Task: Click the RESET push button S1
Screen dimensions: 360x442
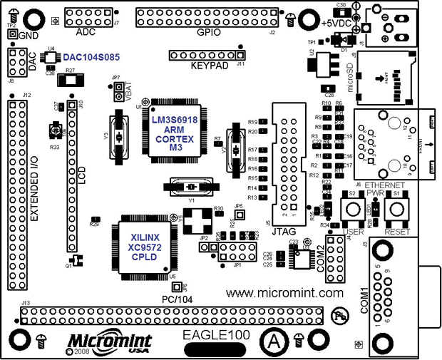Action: [395, 210]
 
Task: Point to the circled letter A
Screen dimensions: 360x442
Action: [273, 339]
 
